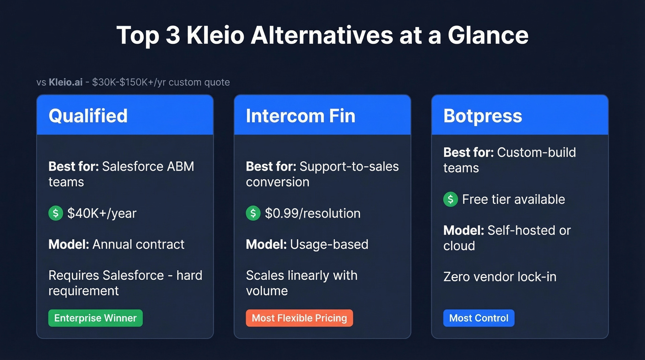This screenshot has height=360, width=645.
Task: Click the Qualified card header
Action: (125, 115)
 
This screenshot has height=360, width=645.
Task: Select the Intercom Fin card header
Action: (322, 115)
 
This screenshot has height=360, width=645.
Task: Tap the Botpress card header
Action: (520, 115)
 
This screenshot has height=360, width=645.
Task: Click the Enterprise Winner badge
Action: (95, 318)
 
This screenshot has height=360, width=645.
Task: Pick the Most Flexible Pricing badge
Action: (299, 318)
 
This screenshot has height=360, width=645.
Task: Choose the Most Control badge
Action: (479, 318)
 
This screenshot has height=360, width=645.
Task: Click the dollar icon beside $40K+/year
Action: (56, 213)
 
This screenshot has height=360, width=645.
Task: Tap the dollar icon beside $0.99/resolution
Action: (253, 213)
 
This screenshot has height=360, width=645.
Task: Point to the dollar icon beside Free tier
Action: (451, 199)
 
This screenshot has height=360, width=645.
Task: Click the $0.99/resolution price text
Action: (312, 213)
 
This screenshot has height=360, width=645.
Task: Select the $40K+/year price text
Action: (102, 213)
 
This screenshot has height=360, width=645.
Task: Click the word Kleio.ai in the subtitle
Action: (65, 83)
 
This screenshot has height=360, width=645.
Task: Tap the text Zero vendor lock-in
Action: (500, 277)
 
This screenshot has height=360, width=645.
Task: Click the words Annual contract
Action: (138, 244)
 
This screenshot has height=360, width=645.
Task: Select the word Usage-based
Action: (329, 244)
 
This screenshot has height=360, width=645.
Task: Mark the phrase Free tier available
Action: (513, 200)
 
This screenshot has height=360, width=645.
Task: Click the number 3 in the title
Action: (173, 35)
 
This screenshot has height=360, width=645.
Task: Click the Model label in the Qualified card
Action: (69, 244)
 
